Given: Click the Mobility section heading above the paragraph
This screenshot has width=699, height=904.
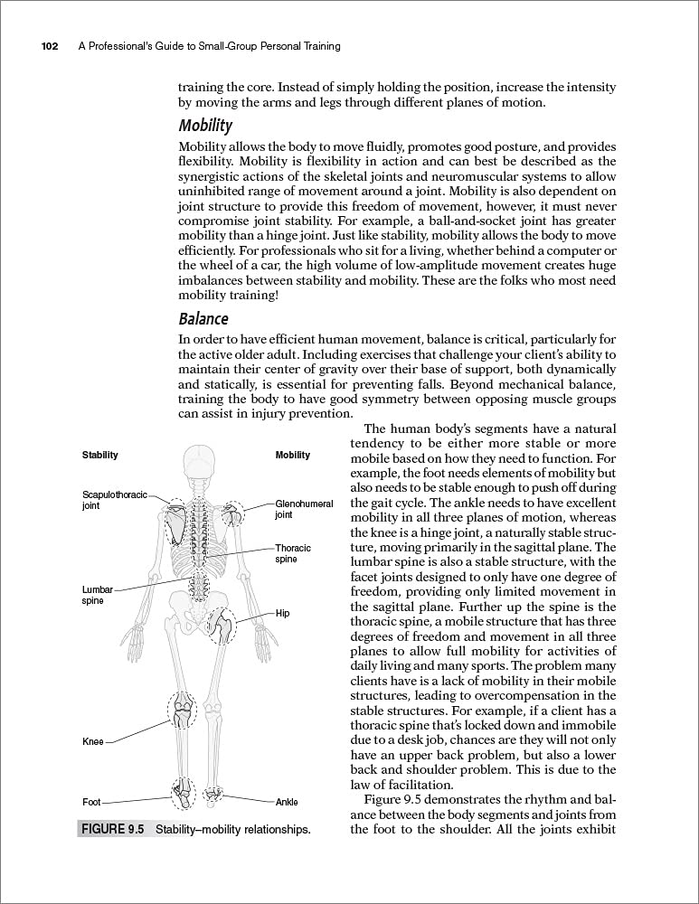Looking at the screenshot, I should click(x=205, y=126).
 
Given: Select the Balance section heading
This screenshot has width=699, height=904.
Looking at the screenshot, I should click(x=203, y=319).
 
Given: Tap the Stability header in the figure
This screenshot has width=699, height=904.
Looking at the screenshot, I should click(x=100, y=455).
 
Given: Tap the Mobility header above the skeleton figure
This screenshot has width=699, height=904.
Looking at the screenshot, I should click(x=292, y=455).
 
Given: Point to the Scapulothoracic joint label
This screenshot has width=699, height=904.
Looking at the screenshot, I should click(x=114, y=501).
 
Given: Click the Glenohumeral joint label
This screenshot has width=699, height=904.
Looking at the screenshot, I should click(x=304, y=509).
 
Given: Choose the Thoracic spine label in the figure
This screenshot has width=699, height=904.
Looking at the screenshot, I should click(x=293, y=553).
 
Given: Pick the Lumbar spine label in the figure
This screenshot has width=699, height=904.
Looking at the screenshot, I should click(x=98, y=595).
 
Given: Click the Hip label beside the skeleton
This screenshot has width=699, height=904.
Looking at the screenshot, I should click(x=282, y=613).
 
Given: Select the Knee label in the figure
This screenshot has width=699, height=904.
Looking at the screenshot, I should click(x=93, y=742).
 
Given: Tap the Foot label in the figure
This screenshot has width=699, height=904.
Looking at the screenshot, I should click(x=91, y=802).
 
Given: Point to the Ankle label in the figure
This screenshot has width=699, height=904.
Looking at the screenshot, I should click(x=287, y=802).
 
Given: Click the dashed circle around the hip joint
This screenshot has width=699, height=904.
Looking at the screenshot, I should click(x=221, y=626).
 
